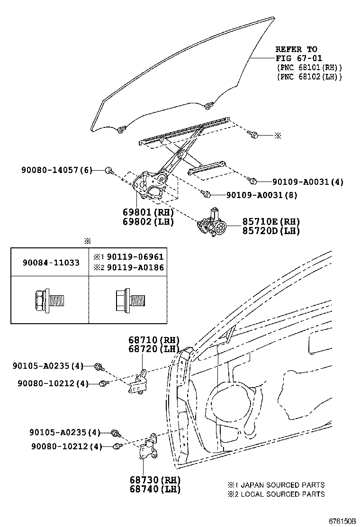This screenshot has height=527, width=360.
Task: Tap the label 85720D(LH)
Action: (265, 231)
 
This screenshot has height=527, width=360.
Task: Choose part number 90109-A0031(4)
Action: (308, 182)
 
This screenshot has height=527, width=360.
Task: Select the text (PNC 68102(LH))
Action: (309, 76)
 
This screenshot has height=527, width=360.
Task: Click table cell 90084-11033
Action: (51, 262)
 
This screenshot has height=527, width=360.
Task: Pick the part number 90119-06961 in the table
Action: (135, 257)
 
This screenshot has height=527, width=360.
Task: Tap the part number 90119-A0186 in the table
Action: (135, 268)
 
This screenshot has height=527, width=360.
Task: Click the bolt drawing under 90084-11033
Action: (49, 300)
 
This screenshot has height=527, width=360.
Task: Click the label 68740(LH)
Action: (153, 489)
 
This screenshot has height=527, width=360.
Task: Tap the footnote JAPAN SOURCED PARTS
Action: (283, 485)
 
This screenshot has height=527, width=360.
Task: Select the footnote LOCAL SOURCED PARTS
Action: (283, 494)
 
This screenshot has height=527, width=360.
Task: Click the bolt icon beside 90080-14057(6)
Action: (108, 170)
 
